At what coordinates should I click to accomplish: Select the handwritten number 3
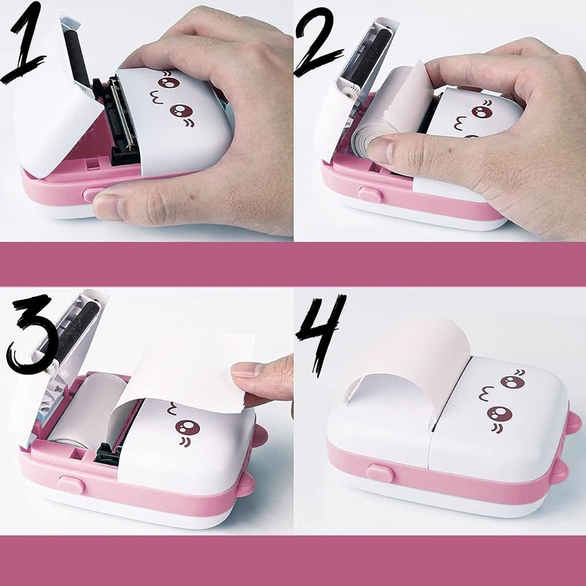click(32, 334)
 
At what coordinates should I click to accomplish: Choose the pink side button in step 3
click(71, 484)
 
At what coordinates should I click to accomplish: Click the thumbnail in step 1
click(108, 206)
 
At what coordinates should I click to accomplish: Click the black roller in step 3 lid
click(74, 333)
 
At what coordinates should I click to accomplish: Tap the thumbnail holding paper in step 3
click(245, 370)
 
